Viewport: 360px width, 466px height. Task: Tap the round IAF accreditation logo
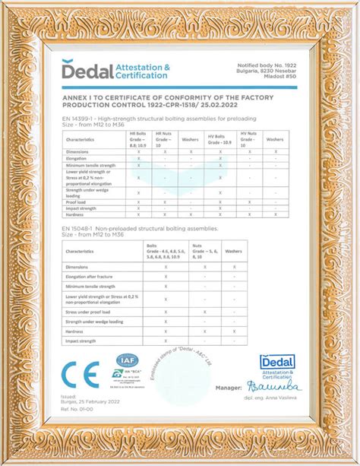pyautogui.click(x=125, y=360)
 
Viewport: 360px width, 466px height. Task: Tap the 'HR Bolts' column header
pyautogui.click(x=138, y=139)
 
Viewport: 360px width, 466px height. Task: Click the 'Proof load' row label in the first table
pyautogui.click(x=80, y=202)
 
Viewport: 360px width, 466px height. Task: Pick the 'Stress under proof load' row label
pyautogui.click(x=92, y=312)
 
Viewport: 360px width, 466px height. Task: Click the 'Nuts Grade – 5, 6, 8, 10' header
pyautogui.click(x=203, y=251)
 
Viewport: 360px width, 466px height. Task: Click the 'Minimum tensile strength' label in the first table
pyautogui.click(x=90, y=164)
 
